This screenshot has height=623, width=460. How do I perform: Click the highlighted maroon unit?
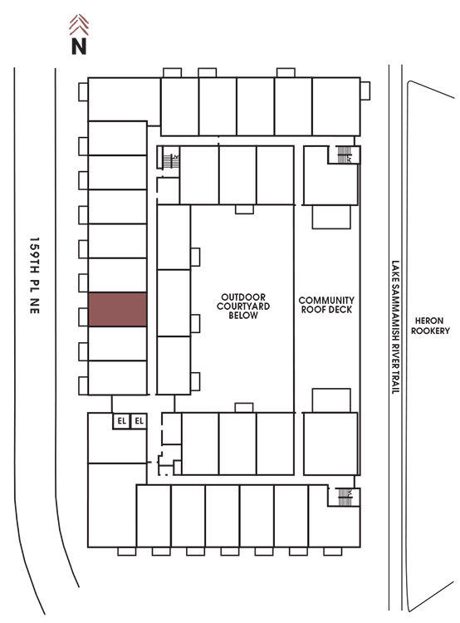(118, 310)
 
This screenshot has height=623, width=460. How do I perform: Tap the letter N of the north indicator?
(79, 47)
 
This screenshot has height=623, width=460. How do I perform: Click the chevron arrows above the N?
(79, 25)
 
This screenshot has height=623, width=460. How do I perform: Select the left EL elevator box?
(121, 421)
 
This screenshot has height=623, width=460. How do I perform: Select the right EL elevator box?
(139, 421)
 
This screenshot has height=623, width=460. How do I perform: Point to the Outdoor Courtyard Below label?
(243, 307)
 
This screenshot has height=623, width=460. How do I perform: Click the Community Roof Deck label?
(326, 305)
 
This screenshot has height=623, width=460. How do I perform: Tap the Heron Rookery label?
(430, 326)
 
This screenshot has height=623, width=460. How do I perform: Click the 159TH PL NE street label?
(35, 276)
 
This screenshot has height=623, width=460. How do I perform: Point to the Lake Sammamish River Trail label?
(395, 327)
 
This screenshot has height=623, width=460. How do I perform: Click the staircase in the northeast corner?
(345, 155)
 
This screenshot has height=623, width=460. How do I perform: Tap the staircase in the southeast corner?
(345, 497)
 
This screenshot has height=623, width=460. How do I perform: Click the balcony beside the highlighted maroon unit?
(83, 317)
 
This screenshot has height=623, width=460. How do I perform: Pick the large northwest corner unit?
(124, 100)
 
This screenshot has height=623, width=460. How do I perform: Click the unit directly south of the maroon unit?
(118, 344)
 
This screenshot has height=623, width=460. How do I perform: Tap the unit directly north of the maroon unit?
(118, 275)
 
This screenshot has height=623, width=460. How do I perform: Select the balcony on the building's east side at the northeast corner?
(365, 91)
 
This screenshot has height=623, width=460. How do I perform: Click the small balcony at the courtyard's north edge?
(244, 209)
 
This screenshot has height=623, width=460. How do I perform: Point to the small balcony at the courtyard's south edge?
(244, 408)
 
